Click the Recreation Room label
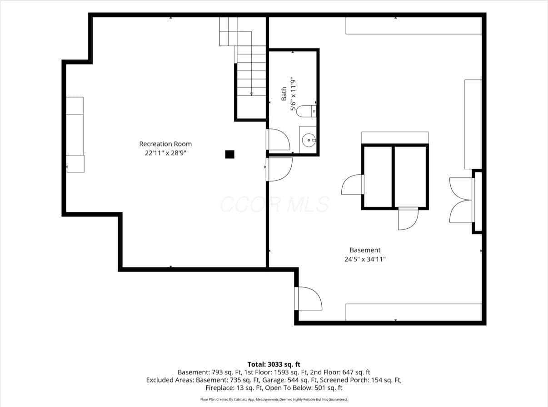pyautogui.click(x=165, y=144)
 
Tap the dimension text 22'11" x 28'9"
pyautogui.click(x=165, y=153)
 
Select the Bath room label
pyautogui.click(x=284, y=94)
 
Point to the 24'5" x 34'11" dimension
pyautogui.click(x=365, y=259)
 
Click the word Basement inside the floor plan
pyautogui.click(x=365, y=250)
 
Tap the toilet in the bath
pyautogui.click(x=306, y=111)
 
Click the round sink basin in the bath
pyautogui.click(x=309, y=140)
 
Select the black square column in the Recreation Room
pyautogui.click(x=230, y=154)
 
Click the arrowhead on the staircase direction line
pyautogui.click(x=252, y=94)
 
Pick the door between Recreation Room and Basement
pyautogui.click(x=279, y=170)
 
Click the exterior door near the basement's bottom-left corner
pyautogui.click(x=309, y=299)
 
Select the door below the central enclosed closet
pyautogui.click(x=408, y=219)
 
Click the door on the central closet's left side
pyautogui.click(x=353, y=184)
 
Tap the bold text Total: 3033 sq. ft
pyautogui.click(x=274, y=364)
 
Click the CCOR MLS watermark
pyautogui.click(x=274, y=204)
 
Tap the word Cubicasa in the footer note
pyautogui.click(x=241, y=399)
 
